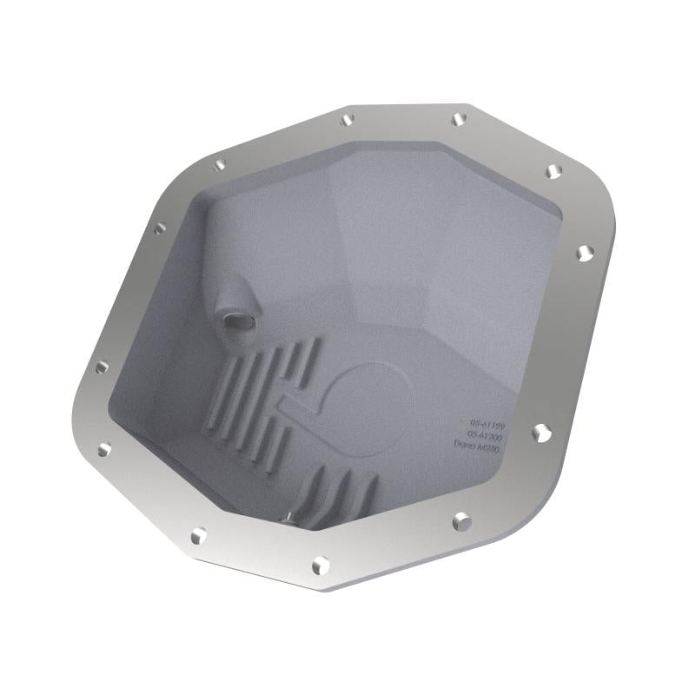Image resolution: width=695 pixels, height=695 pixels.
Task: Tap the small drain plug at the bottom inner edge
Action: coord(286,520)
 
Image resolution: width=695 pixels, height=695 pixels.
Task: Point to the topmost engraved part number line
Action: coord(487,418)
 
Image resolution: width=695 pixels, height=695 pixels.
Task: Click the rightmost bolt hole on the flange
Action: coord(584,253)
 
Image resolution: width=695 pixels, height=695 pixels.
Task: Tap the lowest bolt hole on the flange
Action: coord(321,566)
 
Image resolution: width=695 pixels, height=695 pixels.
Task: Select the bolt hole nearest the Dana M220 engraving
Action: coord(541,432)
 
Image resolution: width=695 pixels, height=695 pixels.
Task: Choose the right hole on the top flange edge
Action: coord(459,119)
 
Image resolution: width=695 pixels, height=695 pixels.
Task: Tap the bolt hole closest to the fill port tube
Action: coord(160,229)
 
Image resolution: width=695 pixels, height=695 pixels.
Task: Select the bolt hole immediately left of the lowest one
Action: coord(199,535)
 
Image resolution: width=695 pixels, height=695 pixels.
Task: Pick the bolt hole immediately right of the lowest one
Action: coord(462,521)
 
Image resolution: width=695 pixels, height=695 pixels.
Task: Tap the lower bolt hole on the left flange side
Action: coord(104,449)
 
